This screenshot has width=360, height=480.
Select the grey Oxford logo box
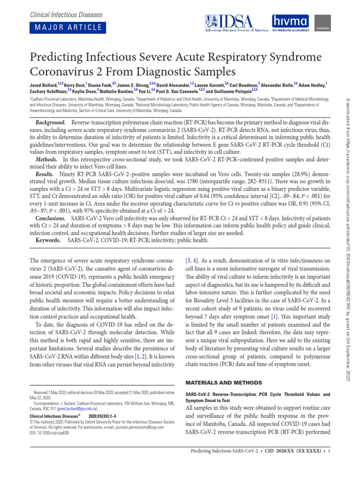tap(321, 23)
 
